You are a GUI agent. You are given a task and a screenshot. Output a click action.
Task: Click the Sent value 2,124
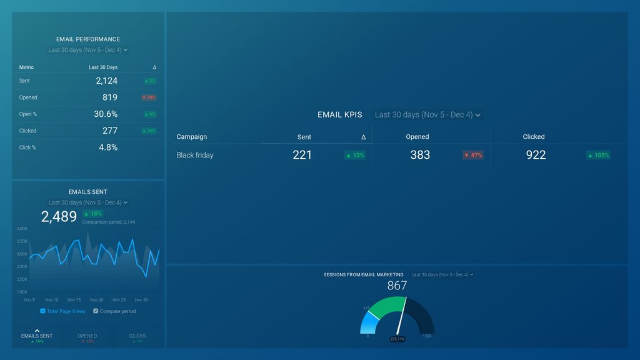[106, 81]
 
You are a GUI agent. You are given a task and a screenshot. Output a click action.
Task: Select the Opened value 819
[110, 97]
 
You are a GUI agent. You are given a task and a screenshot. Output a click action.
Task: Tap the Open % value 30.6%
[106, 114]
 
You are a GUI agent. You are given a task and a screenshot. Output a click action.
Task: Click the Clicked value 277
[110, 131]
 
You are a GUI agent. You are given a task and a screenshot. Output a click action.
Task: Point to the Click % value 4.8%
[108, 147]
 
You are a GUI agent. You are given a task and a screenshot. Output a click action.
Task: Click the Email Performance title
[88, 39]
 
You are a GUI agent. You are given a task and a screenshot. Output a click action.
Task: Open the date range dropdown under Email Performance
[88, 50]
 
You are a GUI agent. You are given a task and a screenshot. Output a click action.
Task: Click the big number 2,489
[59, 217]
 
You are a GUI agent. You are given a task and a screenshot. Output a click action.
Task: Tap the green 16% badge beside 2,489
[92, 214]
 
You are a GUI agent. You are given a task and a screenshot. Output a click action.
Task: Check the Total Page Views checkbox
[42, 311]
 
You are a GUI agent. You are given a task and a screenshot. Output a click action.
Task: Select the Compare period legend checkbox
[96, 311]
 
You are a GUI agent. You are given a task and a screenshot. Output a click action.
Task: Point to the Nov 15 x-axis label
[74, 300]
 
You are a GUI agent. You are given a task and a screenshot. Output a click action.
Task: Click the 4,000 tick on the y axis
[22, 229]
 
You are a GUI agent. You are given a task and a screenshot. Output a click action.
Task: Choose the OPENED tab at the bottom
[87, 336]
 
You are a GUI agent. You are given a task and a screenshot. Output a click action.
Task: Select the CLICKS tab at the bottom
[137, 336]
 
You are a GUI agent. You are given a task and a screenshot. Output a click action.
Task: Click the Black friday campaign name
[195, 155]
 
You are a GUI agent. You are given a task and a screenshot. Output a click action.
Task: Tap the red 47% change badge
[472, 155]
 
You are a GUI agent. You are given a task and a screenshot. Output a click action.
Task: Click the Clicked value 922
[536, 155]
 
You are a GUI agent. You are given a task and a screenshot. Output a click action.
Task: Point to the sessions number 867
[397, 286]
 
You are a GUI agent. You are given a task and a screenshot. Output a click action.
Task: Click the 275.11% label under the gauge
[397, 339]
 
